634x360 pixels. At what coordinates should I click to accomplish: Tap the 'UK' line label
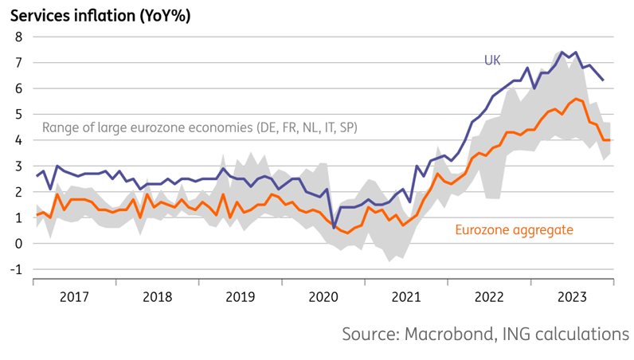(x=494, y=61)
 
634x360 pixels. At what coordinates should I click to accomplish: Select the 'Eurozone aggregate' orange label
(x=514, y=231)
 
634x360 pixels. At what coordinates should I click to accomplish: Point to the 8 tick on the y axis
(x=20, y=37)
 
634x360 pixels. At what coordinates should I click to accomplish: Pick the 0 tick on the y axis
(x=20, y=244)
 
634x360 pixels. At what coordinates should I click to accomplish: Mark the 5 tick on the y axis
(x=20, y=114)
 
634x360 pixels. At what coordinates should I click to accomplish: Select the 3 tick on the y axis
(x=20, y=166)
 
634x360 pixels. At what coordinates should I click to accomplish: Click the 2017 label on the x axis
(x=74, y=297)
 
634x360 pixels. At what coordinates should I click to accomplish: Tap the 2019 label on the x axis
(x=241, y=297)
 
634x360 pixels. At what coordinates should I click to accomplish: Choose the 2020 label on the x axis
(x=323, y=297)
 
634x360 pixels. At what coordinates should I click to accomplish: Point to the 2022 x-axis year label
(x=490, y=297)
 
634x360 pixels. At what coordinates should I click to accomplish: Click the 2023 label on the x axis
(x=573, y=297)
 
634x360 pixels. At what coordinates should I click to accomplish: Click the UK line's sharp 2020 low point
(x=334, y=228)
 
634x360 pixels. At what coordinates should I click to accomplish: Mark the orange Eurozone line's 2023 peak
(x=577, y=99)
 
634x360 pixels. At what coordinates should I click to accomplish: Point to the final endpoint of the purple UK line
(x=603, y=80)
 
